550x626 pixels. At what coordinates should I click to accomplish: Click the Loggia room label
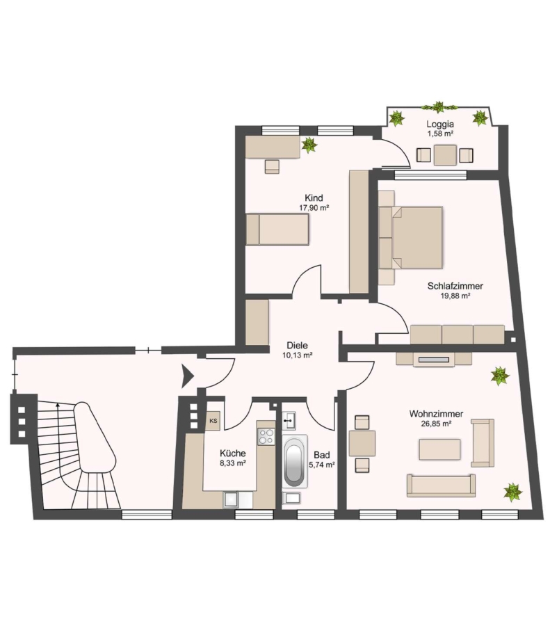point(440,125)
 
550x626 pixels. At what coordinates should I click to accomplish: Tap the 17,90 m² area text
point(314,207)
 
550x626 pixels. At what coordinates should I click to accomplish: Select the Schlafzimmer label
point(455,286)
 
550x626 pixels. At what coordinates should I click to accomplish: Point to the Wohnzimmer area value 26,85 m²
point(436,424)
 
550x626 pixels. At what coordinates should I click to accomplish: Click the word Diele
point(298,345)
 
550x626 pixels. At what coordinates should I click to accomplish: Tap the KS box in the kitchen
point(213,421)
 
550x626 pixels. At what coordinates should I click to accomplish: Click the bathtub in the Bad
point(295,461)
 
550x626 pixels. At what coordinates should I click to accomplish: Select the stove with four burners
point(266,436)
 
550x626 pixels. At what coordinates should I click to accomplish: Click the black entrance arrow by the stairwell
point(188,376)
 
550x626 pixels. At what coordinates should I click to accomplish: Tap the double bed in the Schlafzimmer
point(411,237)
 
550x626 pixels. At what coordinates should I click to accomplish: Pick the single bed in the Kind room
point(277,229)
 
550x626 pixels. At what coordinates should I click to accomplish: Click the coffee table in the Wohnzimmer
point(439,449)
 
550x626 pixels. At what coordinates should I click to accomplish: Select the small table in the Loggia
point(445,155)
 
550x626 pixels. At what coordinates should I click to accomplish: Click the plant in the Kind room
point(309,145)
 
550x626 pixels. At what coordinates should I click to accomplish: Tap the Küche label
point(233,454)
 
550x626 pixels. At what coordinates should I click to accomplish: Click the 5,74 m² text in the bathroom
point(322,465)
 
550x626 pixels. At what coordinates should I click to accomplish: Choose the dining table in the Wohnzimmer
point(362,444)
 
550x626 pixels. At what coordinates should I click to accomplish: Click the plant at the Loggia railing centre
point(439,106)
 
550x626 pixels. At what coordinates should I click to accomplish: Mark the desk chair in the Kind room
point(272,166)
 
